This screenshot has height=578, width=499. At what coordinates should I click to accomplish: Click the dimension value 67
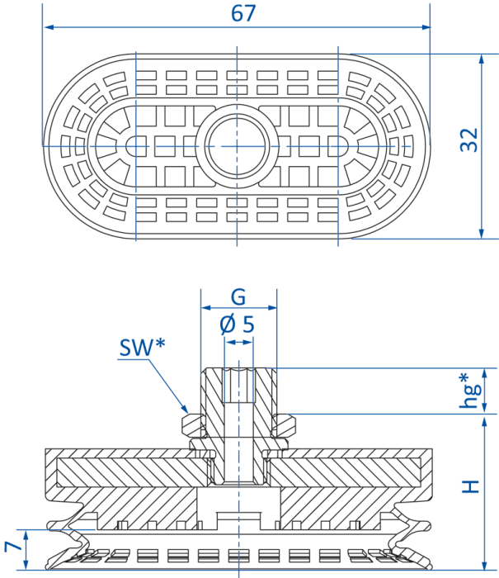tap(243, 13)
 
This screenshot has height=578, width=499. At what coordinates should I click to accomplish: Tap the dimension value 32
tap(469, 140)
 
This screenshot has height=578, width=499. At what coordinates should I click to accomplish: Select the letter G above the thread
tap(238, 296)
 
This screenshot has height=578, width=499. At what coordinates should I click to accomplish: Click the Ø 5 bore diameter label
tap(238, 325)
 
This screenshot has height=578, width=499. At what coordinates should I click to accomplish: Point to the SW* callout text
tap(142, 347)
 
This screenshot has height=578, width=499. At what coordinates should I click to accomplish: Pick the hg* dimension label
tap(469, 391)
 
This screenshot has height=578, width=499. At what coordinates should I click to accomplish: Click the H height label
tap(470, 486)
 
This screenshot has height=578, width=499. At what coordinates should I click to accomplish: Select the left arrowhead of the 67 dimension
tap(49, 27)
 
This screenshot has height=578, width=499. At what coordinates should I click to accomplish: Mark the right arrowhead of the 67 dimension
tap(425, 27)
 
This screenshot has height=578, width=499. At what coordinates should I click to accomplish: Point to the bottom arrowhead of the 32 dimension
tap(482, 233)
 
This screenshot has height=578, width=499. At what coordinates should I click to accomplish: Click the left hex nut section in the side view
tap(192, 424)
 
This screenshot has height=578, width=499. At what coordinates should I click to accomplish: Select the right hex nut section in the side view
tap(285, 424)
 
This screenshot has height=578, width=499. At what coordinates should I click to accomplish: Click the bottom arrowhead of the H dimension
tap(485, 565)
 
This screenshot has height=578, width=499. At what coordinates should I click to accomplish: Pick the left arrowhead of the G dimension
tap(206, 308)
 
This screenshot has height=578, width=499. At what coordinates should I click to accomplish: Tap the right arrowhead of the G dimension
tap(271, 308)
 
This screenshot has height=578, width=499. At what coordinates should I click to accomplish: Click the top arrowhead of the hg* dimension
tap(485, 374)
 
